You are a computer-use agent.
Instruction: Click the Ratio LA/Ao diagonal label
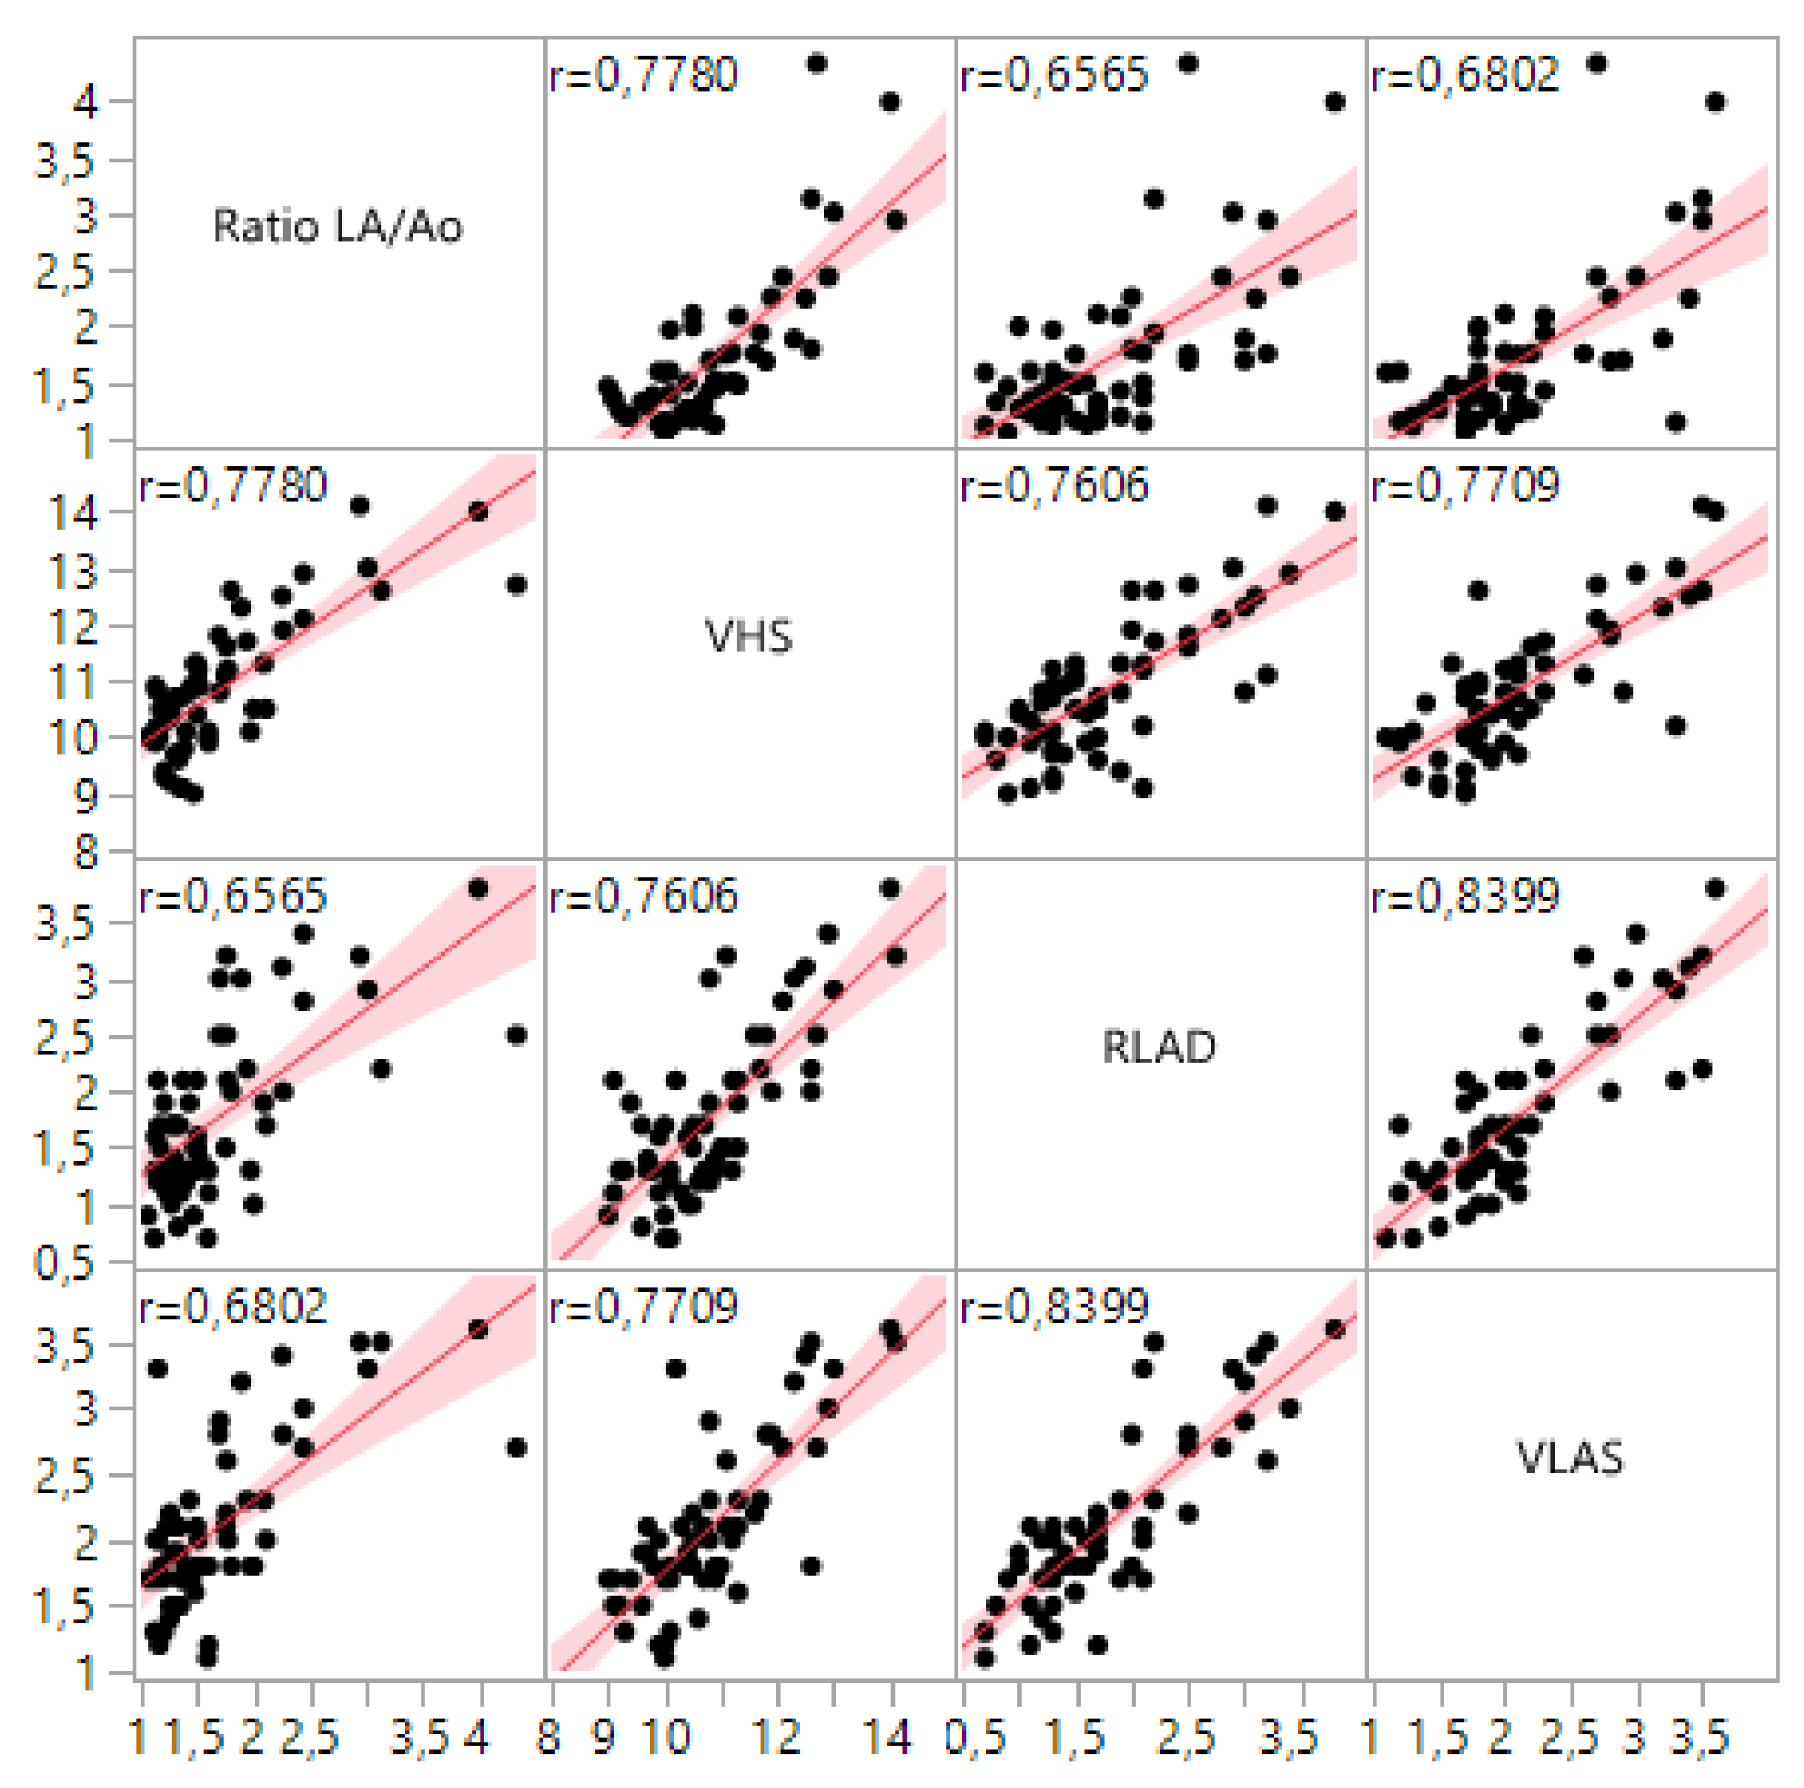337,226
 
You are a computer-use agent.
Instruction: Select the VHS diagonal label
749,637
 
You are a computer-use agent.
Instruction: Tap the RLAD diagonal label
1159,1047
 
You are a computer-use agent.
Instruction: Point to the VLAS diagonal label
1570,1457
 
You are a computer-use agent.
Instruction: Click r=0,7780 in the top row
644,75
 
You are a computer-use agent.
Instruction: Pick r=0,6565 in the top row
1054,75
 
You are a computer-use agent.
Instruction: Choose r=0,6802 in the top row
1465,75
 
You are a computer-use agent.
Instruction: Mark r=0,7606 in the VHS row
1054,485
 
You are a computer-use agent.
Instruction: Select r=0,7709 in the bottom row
644,1306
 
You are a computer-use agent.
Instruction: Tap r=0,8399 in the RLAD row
1465,897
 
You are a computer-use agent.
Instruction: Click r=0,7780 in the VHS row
233,485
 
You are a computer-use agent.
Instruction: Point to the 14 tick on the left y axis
73,513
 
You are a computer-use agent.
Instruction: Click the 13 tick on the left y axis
73,571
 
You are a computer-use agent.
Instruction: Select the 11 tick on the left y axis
73,682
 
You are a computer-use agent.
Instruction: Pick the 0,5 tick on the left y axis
63,1263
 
